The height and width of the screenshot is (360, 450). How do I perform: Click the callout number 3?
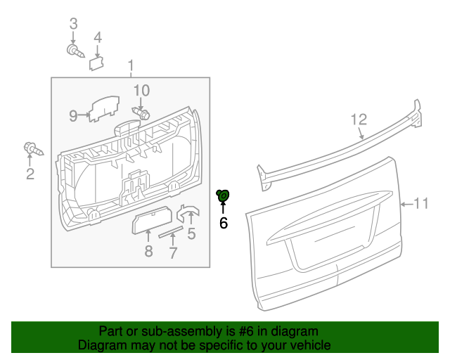click(x=72, y=25)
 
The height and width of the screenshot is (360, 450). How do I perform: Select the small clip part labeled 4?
click(x=96, y=63)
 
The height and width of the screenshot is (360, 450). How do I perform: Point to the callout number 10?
click(x=141, y=90)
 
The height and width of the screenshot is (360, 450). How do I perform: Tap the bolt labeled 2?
click(x=32, y=149)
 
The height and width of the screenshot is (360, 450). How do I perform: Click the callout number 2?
click(x=30, y=174)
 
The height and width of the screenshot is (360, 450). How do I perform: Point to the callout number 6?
click(x=224, y=224)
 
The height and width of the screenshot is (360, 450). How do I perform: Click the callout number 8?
click(x=148, y=251)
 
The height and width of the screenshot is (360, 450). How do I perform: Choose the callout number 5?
click(x=191, y=234)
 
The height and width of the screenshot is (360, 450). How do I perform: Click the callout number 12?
click(x=359, y=119)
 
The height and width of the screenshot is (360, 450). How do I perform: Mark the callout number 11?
click(x=420, y=204)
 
